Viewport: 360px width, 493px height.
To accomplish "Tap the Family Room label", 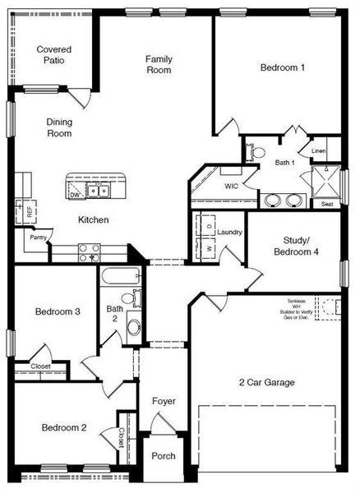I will pyautogui.click(x=159, y=64).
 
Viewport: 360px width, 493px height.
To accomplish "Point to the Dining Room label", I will pyautogui.click(x=59, y=127).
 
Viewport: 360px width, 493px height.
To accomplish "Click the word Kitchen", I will pyautogui.click(x=94, y=219).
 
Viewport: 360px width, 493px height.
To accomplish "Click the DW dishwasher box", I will pyautogui.click(x=75, y=195).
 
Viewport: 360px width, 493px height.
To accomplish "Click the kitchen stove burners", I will pyautogui.click(x=88, y=251).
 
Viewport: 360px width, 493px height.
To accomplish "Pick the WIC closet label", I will pyautogui.click(x=232, y=187).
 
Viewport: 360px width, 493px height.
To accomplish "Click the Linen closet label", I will pyautogui.click(x=319, y=151).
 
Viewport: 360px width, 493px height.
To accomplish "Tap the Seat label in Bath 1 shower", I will pyautogui.click(x=327, y=204).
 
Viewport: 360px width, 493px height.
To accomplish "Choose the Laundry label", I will pyautogui.click(x=230, y=233).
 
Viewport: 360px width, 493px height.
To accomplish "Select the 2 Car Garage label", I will pyautogui.click(x=266, y=382).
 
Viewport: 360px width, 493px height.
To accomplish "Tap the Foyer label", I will pyautogui.click(x=163, y=401).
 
